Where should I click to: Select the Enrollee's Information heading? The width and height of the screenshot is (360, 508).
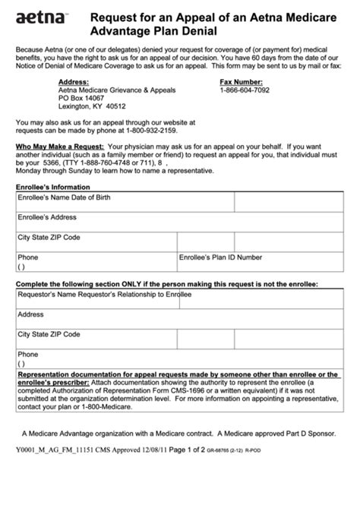point(53,187)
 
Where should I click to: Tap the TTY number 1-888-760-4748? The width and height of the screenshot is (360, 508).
point(96,161)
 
